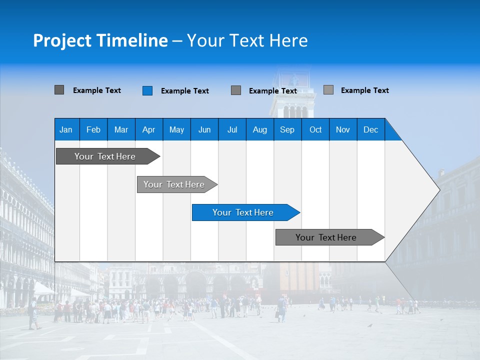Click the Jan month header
click(x=66, y=129)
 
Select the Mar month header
click(x=121, y=129)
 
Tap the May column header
click(x=176, y=129)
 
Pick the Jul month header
click(x=232, y=129)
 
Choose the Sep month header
click(x=287, y=129)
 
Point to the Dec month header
click(x=370, y=129)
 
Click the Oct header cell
click(x=315, y=129)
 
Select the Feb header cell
click(x=93, y=129)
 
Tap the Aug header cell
click(x=259, y=129)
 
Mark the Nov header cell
click(x=342, y=129)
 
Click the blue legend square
click(x=147, y=90)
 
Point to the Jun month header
click(x=204, y=129)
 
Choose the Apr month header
click(x=148, y=129)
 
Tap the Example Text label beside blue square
click(x=184, y=91)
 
